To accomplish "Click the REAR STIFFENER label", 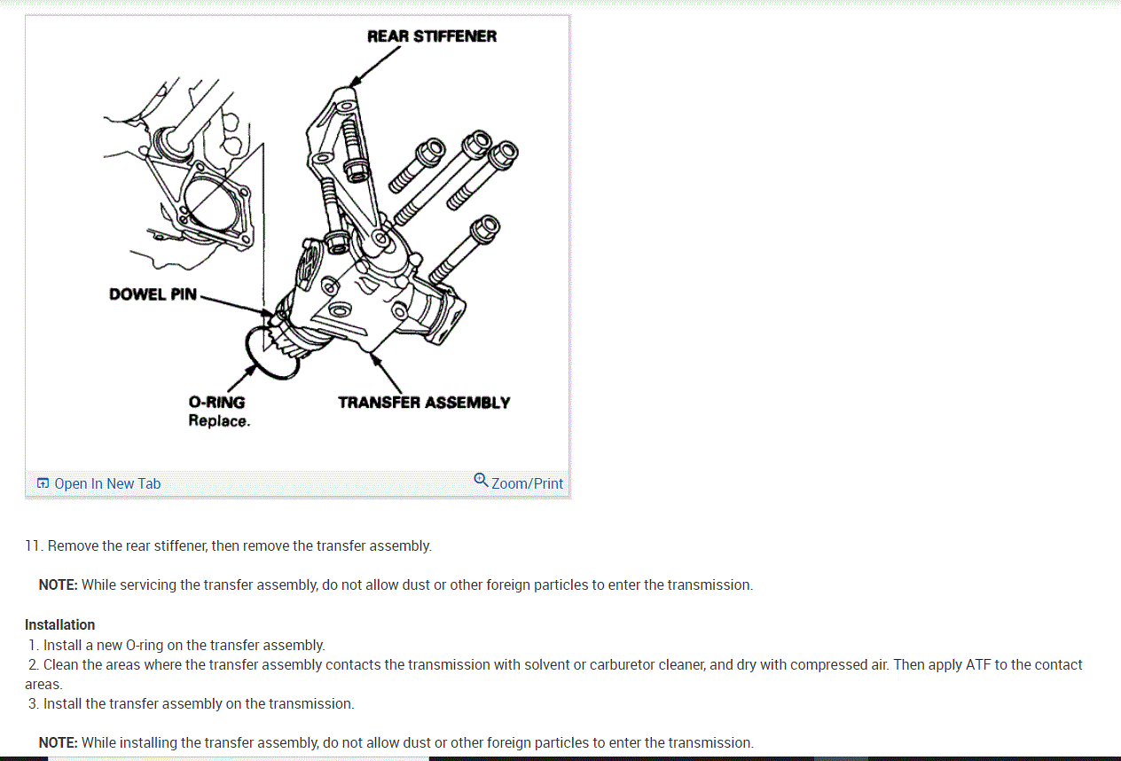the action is [x=432, y=36].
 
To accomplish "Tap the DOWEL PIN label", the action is [x=153, y=294].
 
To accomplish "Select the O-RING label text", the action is [x=216, y=403].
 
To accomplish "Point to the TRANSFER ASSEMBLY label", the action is [x=424, y=403].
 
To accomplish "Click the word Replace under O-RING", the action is [x=219, y=421].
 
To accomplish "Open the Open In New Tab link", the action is [x=107, y=483].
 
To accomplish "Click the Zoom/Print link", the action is [x=527, y=483].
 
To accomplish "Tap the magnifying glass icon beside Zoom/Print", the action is [x=481, y=480].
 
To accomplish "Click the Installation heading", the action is [x=59, y=625].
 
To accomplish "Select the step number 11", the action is [x=33, y=545].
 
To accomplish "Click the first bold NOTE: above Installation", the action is [x=58, y=584].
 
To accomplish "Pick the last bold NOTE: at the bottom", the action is [x=58, y=742].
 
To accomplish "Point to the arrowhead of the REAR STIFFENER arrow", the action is [x=355, y=82].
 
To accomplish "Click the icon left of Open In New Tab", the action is [x=43, y=482].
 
